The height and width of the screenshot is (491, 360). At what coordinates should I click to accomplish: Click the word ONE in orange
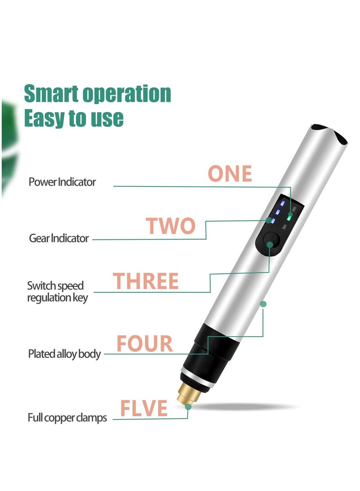tap(229, 174)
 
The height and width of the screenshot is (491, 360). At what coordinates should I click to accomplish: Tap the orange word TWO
tap(171, 226)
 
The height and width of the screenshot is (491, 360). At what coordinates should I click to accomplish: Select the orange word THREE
tap(146, 281)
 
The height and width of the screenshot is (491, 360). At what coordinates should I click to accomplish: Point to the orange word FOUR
tap(144, 344)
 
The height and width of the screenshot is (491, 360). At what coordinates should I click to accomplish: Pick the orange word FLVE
tap(144, 408)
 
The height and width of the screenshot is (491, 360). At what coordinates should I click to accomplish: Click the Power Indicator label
tap(62, 182)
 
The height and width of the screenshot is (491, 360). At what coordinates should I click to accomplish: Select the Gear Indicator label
tap(59, 238)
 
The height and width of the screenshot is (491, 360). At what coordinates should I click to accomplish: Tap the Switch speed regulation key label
tap(58, 292)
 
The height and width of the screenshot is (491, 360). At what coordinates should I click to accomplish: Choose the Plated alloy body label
tap(64, 354)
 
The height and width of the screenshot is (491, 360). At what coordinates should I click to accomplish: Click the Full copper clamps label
tap(67, 418)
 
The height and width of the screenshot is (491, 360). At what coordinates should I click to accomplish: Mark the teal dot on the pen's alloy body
tap(264, 304)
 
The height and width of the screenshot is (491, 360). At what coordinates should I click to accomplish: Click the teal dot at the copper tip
tap(188, 406)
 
